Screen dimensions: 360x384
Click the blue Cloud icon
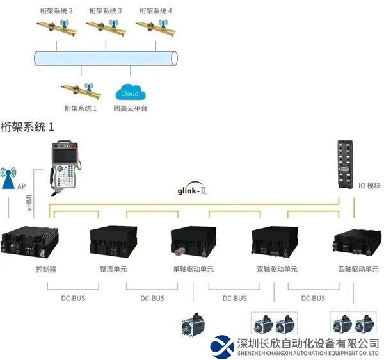click(130, 92)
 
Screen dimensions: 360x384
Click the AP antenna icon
click(9, 179)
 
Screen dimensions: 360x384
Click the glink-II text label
click(195, 190)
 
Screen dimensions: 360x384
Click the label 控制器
click(46, 269)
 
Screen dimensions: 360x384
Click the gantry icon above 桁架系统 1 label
click(79, 88)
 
